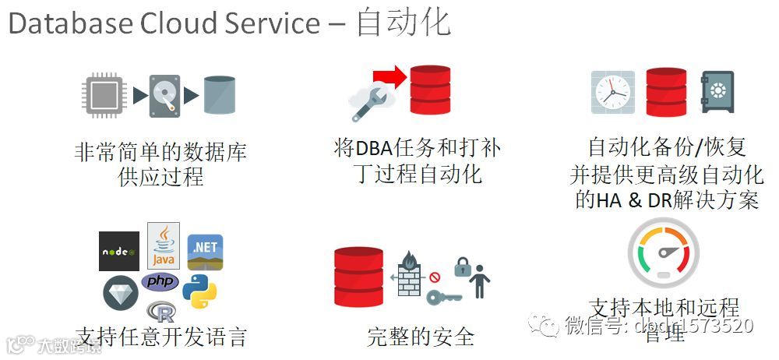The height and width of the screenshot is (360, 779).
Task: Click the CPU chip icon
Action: coord(104,94)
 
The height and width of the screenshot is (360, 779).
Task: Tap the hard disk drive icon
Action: coord(164,95)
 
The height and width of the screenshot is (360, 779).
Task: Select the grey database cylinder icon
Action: coord(219,95)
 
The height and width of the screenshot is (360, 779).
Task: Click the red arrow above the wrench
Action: coord(386,76)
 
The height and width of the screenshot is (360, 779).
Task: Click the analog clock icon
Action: coord(612,92)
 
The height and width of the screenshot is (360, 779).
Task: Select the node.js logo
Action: coord(119,251)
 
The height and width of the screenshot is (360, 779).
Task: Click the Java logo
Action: coord(164,246)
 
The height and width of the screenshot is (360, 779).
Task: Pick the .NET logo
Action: coord(205,251)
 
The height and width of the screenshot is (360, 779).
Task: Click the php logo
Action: coord(160,281)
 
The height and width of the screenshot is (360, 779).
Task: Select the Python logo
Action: coord(199,292)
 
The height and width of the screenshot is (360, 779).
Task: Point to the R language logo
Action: coord(163,312)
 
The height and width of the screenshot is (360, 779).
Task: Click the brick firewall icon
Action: coord(411,274)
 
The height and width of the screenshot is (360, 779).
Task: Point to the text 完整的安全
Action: coord(421,337)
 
